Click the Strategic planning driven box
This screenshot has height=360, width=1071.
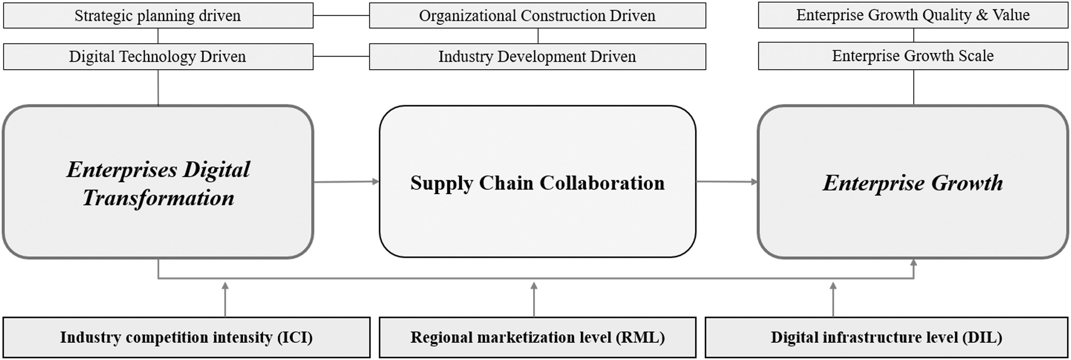click(158, 16)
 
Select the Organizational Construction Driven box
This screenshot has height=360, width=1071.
click(537, 16)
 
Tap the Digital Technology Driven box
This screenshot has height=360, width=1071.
click(158, 57)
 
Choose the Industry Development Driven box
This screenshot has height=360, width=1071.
click(537, 57)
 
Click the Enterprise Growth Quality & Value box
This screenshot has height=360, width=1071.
click(913, 15)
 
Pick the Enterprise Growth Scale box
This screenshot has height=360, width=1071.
click(913, 56)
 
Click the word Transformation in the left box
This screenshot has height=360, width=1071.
click(158, 198)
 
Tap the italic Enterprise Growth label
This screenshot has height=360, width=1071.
click(913, 183)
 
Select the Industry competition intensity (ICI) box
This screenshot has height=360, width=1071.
click(186, 338)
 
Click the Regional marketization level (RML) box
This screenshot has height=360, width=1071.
click(537, 338)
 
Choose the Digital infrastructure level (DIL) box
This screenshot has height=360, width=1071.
click(887, 338)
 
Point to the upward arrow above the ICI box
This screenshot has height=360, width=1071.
click(225, 299)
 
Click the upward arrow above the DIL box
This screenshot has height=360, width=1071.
click(833, 299)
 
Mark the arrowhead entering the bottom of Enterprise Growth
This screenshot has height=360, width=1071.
click(914, 263)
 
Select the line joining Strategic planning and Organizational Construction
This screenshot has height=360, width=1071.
click(341, 15)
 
